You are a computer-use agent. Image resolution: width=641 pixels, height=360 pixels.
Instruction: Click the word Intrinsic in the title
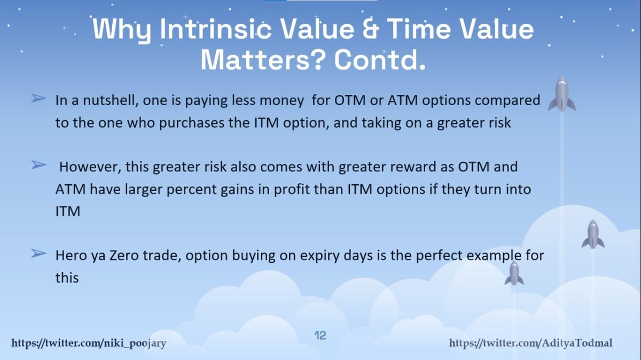click(215, 29)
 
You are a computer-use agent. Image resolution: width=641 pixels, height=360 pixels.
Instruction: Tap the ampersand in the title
click(371, 29)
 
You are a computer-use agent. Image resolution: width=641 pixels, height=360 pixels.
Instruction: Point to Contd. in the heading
click(380, 60)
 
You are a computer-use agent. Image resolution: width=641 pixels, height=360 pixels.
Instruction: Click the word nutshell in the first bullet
click(111, 100)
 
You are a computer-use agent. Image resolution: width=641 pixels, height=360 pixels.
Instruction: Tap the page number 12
click(320, 335)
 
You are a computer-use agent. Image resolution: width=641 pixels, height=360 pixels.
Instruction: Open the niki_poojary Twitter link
click(89, 343)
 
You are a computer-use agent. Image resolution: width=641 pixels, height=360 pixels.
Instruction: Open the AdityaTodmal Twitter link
click(531, 343)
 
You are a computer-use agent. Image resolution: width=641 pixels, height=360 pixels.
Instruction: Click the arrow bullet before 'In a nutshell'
click(38, 98)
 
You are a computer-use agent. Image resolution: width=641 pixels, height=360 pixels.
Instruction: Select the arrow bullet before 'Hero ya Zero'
click(38, 253)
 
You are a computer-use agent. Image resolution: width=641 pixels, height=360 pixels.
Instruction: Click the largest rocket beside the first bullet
click(562, 93)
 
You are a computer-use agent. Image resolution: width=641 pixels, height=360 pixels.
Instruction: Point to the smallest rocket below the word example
click(514, 273)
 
